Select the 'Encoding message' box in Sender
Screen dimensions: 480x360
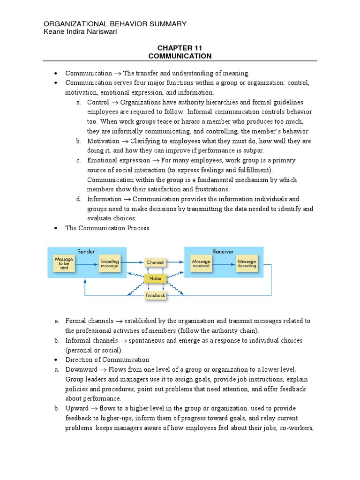click(109, 264)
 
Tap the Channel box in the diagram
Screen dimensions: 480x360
click(155, 262)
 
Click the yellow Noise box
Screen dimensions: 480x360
click(155, 278)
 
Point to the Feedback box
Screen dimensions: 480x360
click(155, 296)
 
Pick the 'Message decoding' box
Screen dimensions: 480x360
click(247, 264)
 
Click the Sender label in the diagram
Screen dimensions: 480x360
click(86, 251)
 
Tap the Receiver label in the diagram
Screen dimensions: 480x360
click(223, 251)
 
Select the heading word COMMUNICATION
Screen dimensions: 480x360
click(180, 56)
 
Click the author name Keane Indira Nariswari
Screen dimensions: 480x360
click(80, 31)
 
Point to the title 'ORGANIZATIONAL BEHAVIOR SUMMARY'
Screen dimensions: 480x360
click(115, 24)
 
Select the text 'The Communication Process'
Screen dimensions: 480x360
click(107, 228)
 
